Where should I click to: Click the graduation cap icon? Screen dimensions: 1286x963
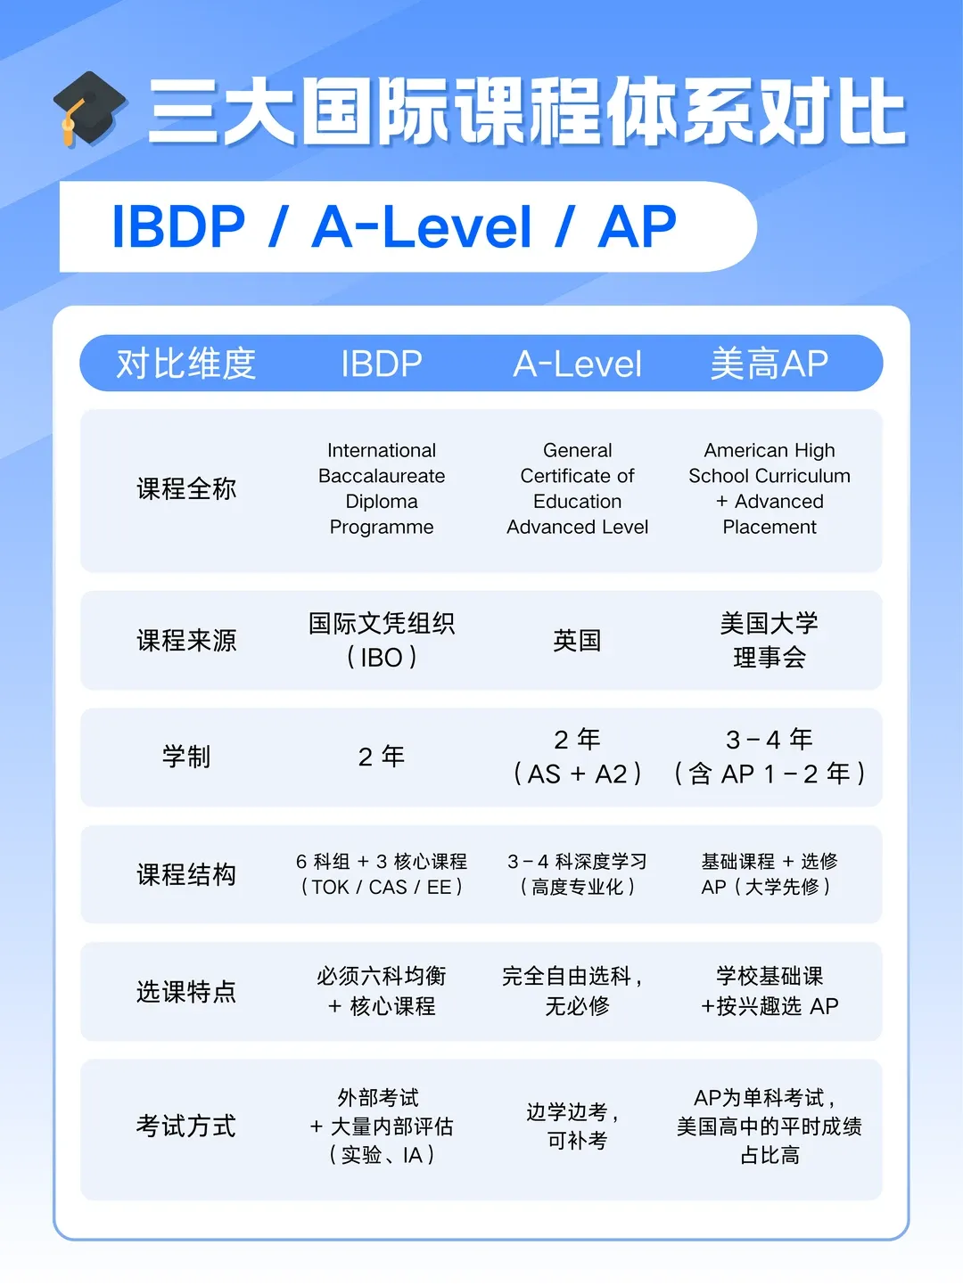tap(89, 109)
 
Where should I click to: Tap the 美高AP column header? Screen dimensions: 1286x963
tap(769, 364)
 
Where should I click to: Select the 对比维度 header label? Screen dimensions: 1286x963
tap(186, 364)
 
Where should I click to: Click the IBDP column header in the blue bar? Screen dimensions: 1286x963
tap(381, 364)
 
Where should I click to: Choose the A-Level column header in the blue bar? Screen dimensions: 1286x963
tap(577, 364)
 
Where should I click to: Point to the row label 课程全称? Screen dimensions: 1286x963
tap(186, 488)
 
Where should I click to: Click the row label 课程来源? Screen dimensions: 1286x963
tap(186, 640)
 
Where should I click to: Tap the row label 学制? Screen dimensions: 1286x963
tap(186, 757)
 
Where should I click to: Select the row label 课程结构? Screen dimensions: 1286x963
tap(186, 874)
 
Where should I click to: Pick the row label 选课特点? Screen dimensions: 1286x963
tap(186, 991)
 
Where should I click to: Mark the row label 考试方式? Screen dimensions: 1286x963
tap(186, 1126)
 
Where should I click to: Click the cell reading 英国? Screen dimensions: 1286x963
tap(577, 640)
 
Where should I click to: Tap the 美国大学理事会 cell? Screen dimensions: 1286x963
tap(769, 640)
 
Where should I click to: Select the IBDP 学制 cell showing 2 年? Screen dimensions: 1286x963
tap(381, 757)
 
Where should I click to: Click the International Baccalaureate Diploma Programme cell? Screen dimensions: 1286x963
tap(381, 488)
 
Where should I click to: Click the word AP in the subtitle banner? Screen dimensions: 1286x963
tap(638, 226)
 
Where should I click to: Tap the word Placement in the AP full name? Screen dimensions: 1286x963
tap(769, 527)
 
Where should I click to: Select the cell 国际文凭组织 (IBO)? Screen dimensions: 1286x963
tap(381, 640)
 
